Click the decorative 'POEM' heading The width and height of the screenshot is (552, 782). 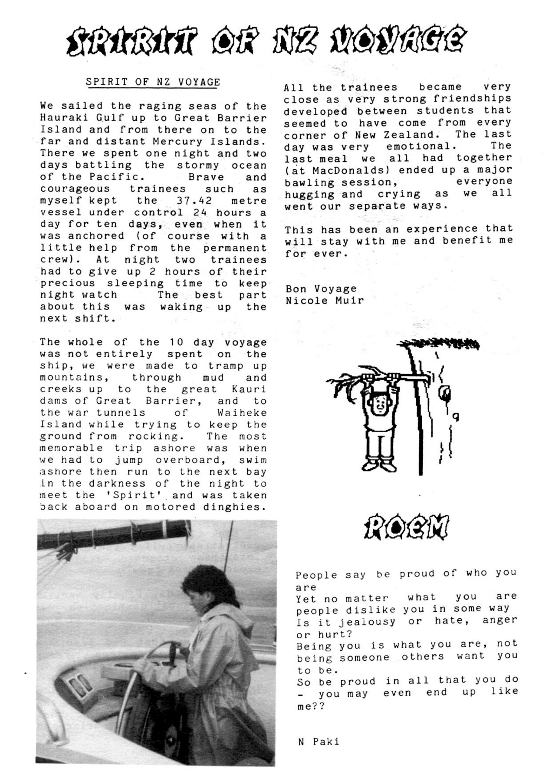coord(406,527)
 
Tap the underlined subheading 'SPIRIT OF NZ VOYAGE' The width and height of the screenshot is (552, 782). coord(153,82)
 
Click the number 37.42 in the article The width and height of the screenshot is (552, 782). coord(194,201)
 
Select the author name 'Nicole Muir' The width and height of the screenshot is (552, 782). coord(324,300)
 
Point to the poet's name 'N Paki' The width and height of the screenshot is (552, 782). coord(319,742)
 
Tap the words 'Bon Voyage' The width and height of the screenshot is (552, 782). coord(321,288)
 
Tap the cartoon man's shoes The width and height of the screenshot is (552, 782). coord(378,465)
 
